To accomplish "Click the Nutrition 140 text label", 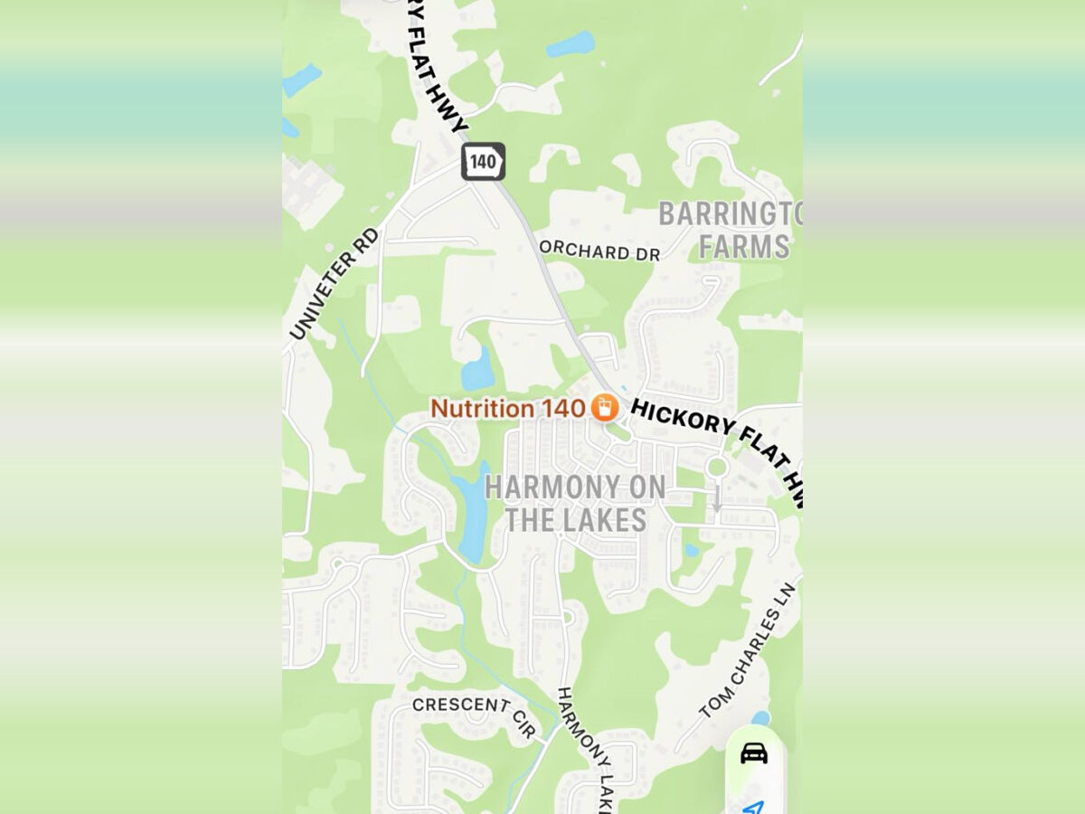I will tap(507, 408).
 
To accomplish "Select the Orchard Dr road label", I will tap(599, 251).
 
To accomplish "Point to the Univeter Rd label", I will tap(335, 283).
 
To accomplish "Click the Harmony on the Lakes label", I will tap(576, 503).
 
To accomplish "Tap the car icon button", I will tap(754, 752).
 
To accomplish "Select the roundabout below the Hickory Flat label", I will tap(717, 468).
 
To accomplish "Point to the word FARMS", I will tap(744, 246).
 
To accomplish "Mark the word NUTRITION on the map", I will tap(482, 408).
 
